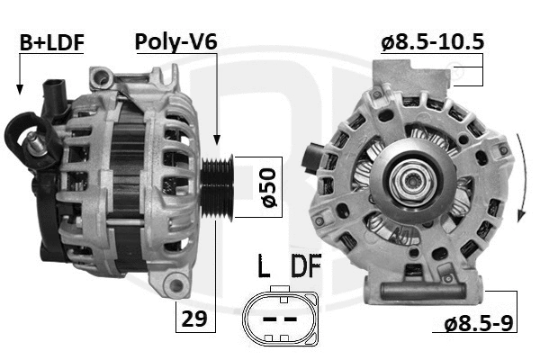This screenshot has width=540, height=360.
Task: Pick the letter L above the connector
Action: coord(264,267)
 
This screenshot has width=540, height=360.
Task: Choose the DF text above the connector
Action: coord(306,267)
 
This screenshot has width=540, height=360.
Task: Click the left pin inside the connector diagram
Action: coord(267,319)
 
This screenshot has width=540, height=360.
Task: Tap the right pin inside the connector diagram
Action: coord(291,319)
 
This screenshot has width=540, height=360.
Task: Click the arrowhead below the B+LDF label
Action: coord(18,88)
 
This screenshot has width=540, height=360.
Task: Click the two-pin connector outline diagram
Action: coord(279,319)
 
